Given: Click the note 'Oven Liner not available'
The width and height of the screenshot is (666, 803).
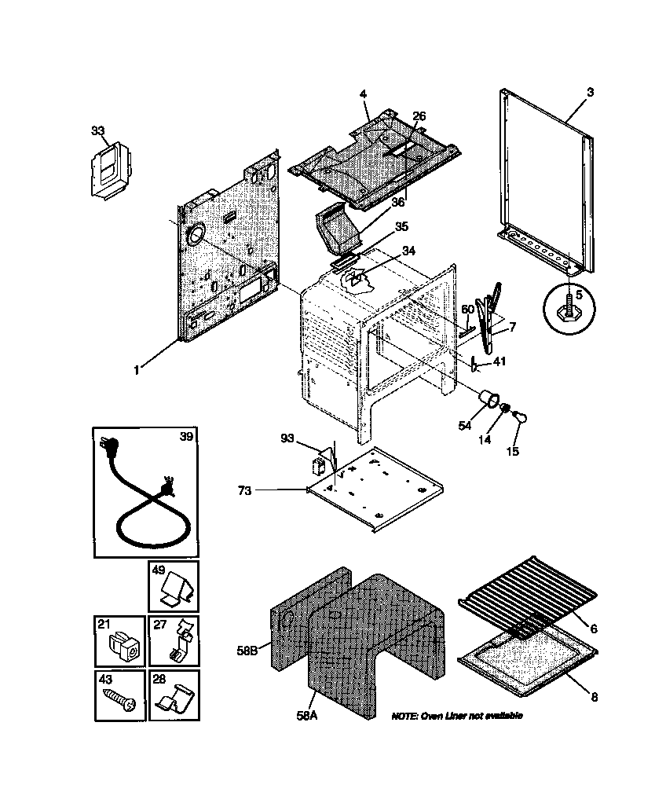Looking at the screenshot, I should click(456, 716).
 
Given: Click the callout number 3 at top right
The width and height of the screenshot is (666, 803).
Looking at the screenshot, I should click(590, 92).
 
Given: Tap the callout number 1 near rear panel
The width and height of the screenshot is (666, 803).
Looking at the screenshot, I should click(136, 369).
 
